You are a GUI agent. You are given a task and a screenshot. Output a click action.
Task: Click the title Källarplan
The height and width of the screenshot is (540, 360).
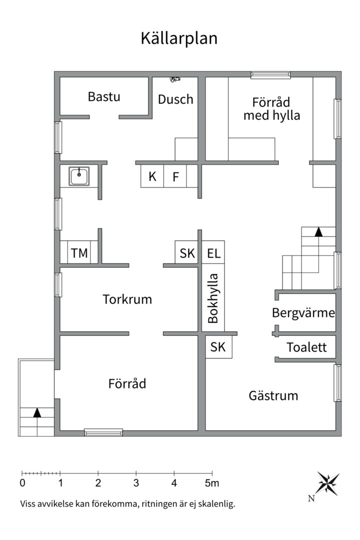[179, 38]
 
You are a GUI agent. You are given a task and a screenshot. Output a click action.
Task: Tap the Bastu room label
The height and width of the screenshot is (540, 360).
[104, 97]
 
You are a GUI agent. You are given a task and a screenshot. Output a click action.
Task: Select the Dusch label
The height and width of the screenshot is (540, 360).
[175, 99]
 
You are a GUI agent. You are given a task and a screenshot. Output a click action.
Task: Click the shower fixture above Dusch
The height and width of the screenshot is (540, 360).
[175, 79]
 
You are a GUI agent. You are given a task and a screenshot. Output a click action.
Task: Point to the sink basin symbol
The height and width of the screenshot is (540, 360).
[79, 176]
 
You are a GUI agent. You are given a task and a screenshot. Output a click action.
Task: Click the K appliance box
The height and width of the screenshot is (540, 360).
[152, 176]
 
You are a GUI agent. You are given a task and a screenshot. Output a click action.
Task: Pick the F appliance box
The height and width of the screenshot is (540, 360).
[175, 176]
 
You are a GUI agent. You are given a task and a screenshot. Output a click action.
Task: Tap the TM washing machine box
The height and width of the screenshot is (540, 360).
[79, 252]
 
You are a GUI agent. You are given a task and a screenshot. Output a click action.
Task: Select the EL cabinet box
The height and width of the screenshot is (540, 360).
[213, 252]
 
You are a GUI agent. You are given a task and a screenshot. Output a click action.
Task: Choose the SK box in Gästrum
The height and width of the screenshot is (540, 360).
[219, 347]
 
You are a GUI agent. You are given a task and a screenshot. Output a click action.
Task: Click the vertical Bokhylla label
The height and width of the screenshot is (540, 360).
[213, 298]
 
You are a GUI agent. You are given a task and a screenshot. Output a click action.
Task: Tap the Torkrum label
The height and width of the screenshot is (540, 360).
[127, 299]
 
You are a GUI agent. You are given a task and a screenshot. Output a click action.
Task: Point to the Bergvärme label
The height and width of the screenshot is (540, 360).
[303, 313]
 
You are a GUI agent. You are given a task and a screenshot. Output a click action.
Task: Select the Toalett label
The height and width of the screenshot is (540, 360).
[306, 347]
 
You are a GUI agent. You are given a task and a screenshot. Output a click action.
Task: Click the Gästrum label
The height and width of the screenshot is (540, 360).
[273, 395]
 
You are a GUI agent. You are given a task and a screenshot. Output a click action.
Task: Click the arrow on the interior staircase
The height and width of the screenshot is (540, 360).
[318, 232]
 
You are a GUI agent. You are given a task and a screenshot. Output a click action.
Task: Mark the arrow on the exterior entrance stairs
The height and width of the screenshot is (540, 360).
[37, 412]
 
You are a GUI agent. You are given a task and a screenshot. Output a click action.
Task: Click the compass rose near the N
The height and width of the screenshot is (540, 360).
[327, 483]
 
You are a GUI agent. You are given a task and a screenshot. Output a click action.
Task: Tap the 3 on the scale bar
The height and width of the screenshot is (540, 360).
[136, 483]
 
